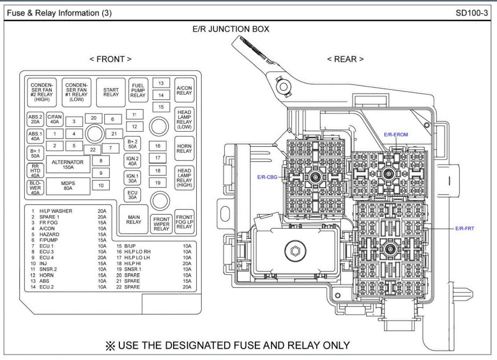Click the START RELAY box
[x=111, y=92]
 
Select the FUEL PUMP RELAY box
[x=138, y=90]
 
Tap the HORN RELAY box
[x=184, y=148]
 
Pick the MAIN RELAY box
[x=134, y=219]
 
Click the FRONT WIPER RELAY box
[x=162, y=224]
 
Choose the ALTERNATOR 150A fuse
[x=68, y=165]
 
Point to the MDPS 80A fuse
[x=68, y=186]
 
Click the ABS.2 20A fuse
[x=35, y=119]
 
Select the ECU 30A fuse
[x=133, y=195]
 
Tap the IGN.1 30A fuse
[x=133, y=178]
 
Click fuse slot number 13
[x=161, y=83]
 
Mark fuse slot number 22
[x=93, y=150]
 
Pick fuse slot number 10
[x=101, y=186]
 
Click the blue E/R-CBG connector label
[x=267, y=177]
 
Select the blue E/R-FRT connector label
[x=464, y=228]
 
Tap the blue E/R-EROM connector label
[x=396, y=134]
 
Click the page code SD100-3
[x=471, y=13]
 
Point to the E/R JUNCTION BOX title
[x=231, y=30]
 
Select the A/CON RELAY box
[x=184, y=90]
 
